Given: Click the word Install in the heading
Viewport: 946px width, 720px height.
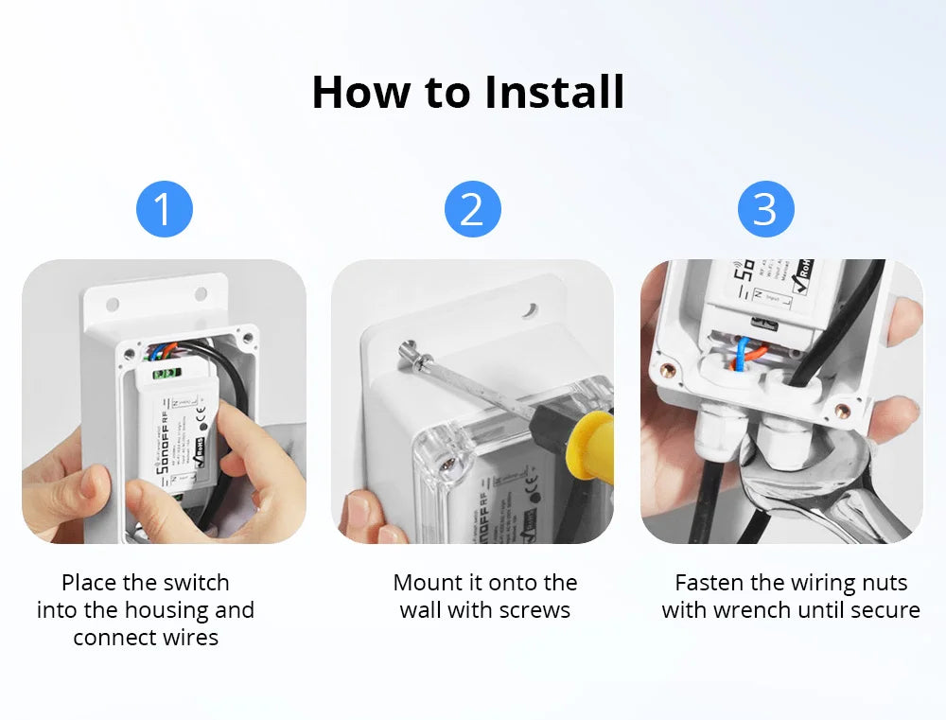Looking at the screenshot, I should tap(554, 92).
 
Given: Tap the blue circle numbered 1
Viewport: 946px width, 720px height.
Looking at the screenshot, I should tap(165, 209).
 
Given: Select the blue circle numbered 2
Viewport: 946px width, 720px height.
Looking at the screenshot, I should tap(472, 209).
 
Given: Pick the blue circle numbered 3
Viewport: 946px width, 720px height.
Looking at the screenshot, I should tap(765, 209).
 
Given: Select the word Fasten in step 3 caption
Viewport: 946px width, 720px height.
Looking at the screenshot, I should tap(709, 583).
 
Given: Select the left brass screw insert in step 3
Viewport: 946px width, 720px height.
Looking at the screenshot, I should tap(668, 370).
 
